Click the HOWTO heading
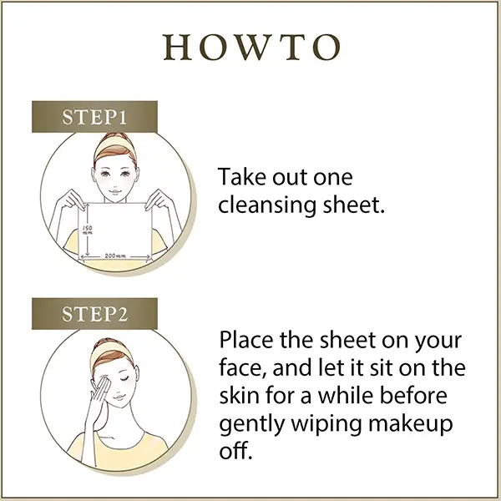point(252,48)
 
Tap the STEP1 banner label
point(94,117)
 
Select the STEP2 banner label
point(95,314)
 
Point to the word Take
point(243,176)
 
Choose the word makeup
point(410,425)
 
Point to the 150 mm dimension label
point(87,230)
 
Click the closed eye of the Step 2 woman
point(124,378)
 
